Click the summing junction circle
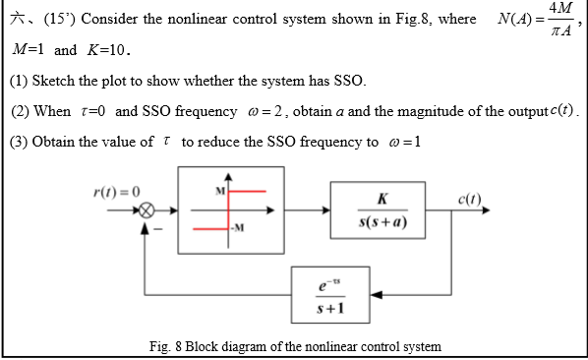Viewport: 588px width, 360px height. click(147, 210)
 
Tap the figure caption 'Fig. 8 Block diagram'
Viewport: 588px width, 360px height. click(295, 345)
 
